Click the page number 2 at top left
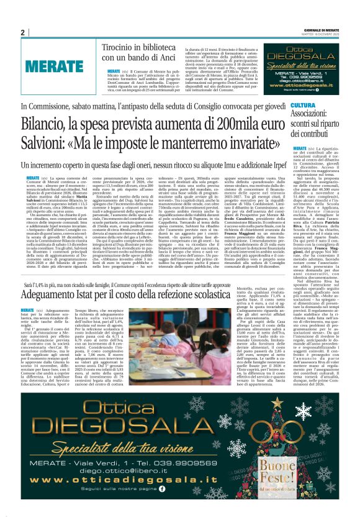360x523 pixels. coord(23,32)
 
